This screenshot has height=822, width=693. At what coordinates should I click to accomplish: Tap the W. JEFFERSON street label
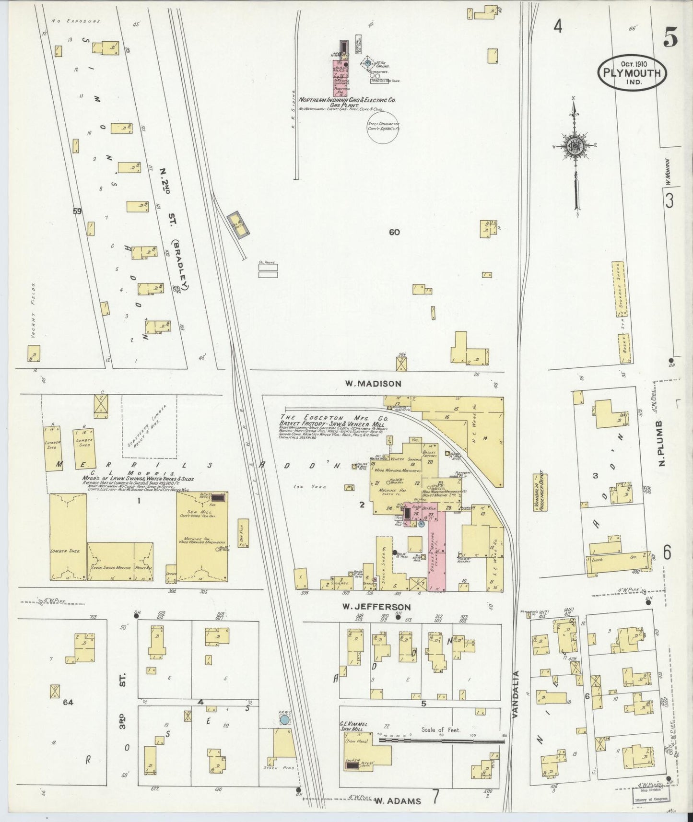pyautogui.click(x=376, y=607)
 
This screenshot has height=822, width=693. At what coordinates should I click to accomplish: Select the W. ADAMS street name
pyautogui.click(x=398, y=800)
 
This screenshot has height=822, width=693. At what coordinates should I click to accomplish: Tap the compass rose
pyautogui.click(x=574, y=148)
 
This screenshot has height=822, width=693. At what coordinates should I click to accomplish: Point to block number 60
pyautogui.click(x=394, y=233)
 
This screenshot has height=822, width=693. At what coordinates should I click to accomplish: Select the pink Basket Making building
pyautogui.click(x=436, y=552)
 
